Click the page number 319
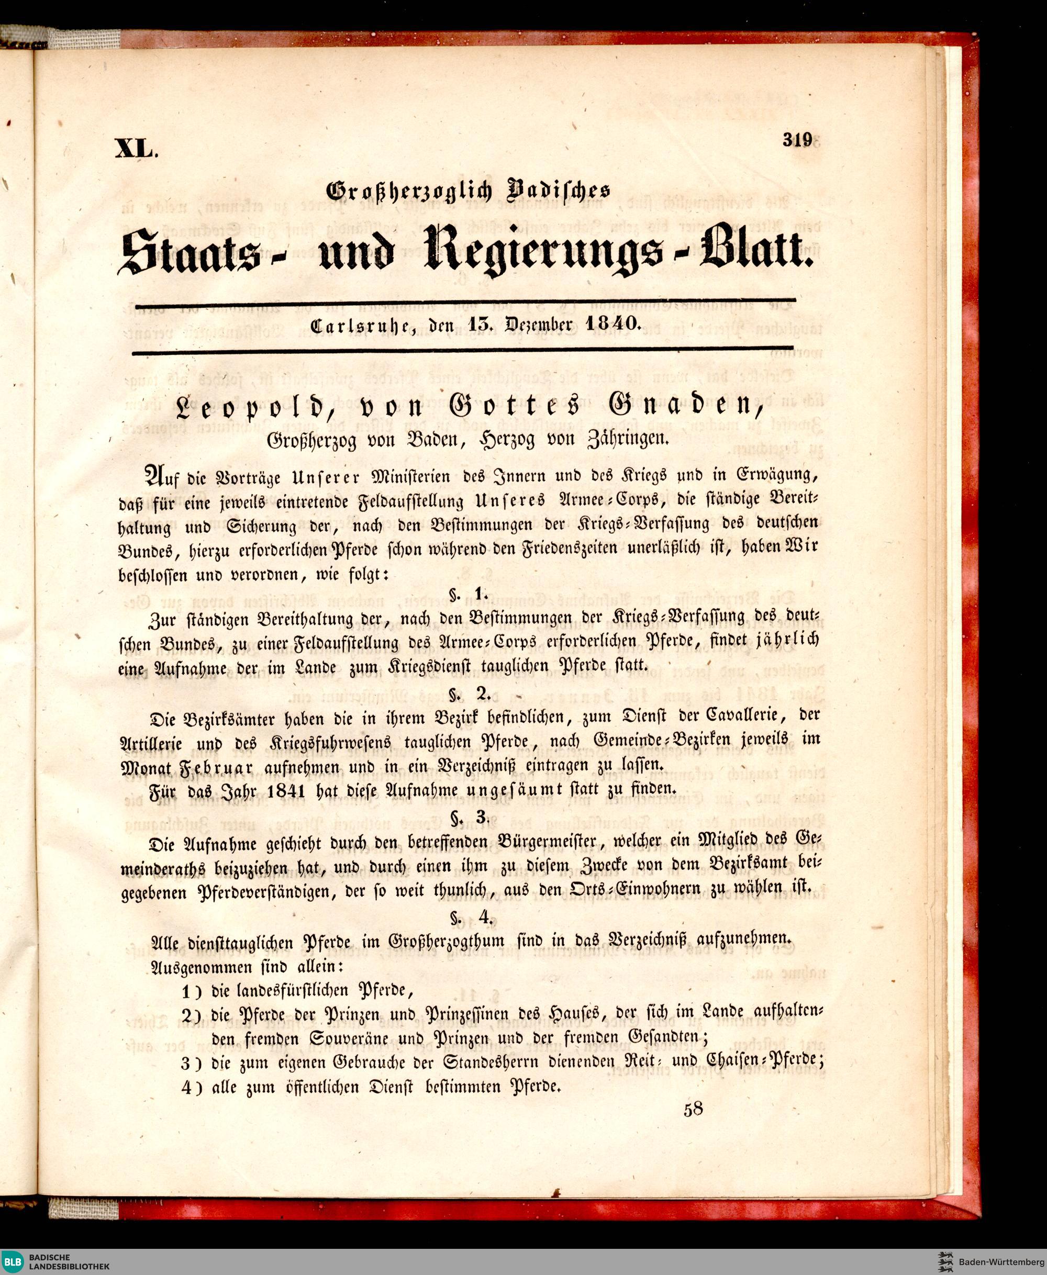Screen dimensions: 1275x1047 coord(798,140)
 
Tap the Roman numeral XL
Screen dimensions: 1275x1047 coord(136,148)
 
